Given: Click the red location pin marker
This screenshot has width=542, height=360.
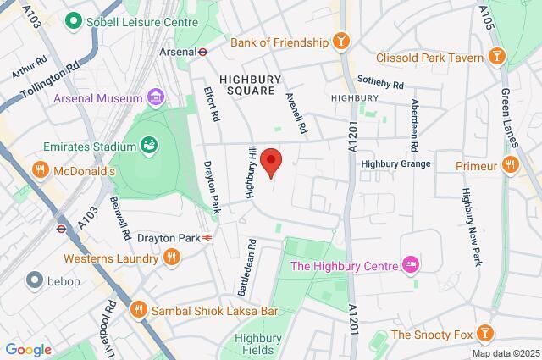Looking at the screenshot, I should click(x=270, y=160).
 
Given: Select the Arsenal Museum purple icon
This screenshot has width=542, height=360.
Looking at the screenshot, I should click(x=155, y=98).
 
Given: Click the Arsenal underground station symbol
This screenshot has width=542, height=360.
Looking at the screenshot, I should click(x=203, y=51).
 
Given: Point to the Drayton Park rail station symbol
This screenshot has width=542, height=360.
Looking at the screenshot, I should click(x=207, y=238).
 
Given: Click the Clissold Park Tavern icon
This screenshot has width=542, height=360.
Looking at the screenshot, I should click(x=497, y=58).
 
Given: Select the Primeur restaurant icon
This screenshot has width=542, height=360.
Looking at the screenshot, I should click(x=509, y=165).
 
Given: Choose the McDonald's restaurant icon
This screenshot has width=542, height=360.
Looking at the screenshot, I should click(x=39, y=169).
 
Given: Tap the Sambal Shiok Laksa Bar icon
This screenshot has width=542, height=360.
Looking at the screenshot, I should click(x=138, y=311).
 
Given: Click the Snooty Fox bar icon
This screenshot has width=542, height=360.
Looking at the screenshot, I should click(x=485, y=334).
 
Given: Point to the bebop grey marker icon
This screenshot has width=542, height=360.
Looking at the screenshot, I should click(x=36, y=280).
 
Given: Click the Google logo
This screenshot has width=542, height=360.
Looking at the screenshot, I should click(x=28, y=350).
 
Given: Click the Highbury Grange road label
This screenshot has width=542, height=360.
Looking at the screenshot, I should click(x=395, y=163).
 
